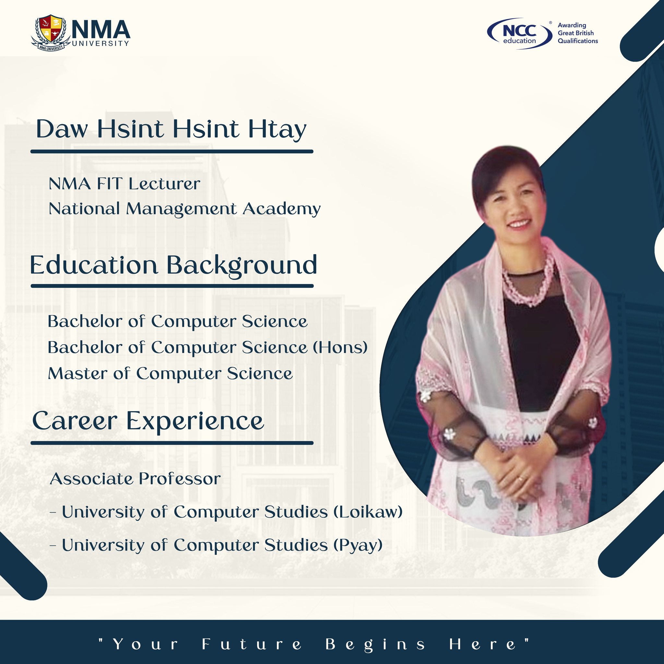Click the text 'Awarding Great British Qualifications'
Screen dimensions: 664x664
pos(577,33)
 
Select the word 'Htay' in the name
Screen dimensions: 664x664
pos(277,130)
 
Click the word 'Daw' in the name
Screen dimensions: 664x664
pos(62,130)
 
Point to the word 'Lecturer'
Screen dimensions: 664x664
pos(164,184)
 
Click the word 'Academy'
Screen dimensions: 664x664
pos(281,209)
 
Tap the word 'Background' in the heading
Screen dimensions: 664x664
pos(242,266)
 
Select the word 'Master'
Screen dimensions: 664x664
pos(77,373)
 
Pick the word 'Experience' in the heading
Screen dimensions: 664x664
pos(195,421)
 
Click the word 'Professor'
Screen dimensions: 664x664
pos(180,479)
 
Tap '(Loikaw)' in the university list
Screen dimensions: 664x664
pos(368,512)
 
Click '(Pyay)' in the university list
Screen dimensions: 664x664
pos(358,545)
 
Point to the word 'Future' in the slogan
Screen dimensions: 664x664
pos(252,644)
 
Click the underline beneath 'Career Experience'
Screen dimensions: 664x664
pos(172,443)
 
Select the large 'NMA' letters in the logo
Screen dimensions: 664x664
pos(101,30)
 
